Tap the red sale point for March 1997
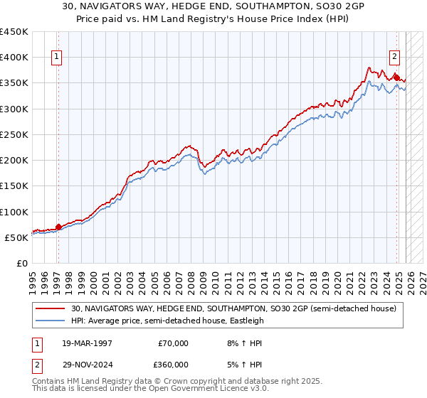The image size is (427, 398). [58, 227]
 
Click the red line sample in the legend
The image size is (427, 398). [51, 308]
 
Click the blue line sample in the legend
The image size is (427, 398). [51, 321]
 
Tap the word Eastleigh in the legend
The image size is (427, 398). [246, 321]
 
